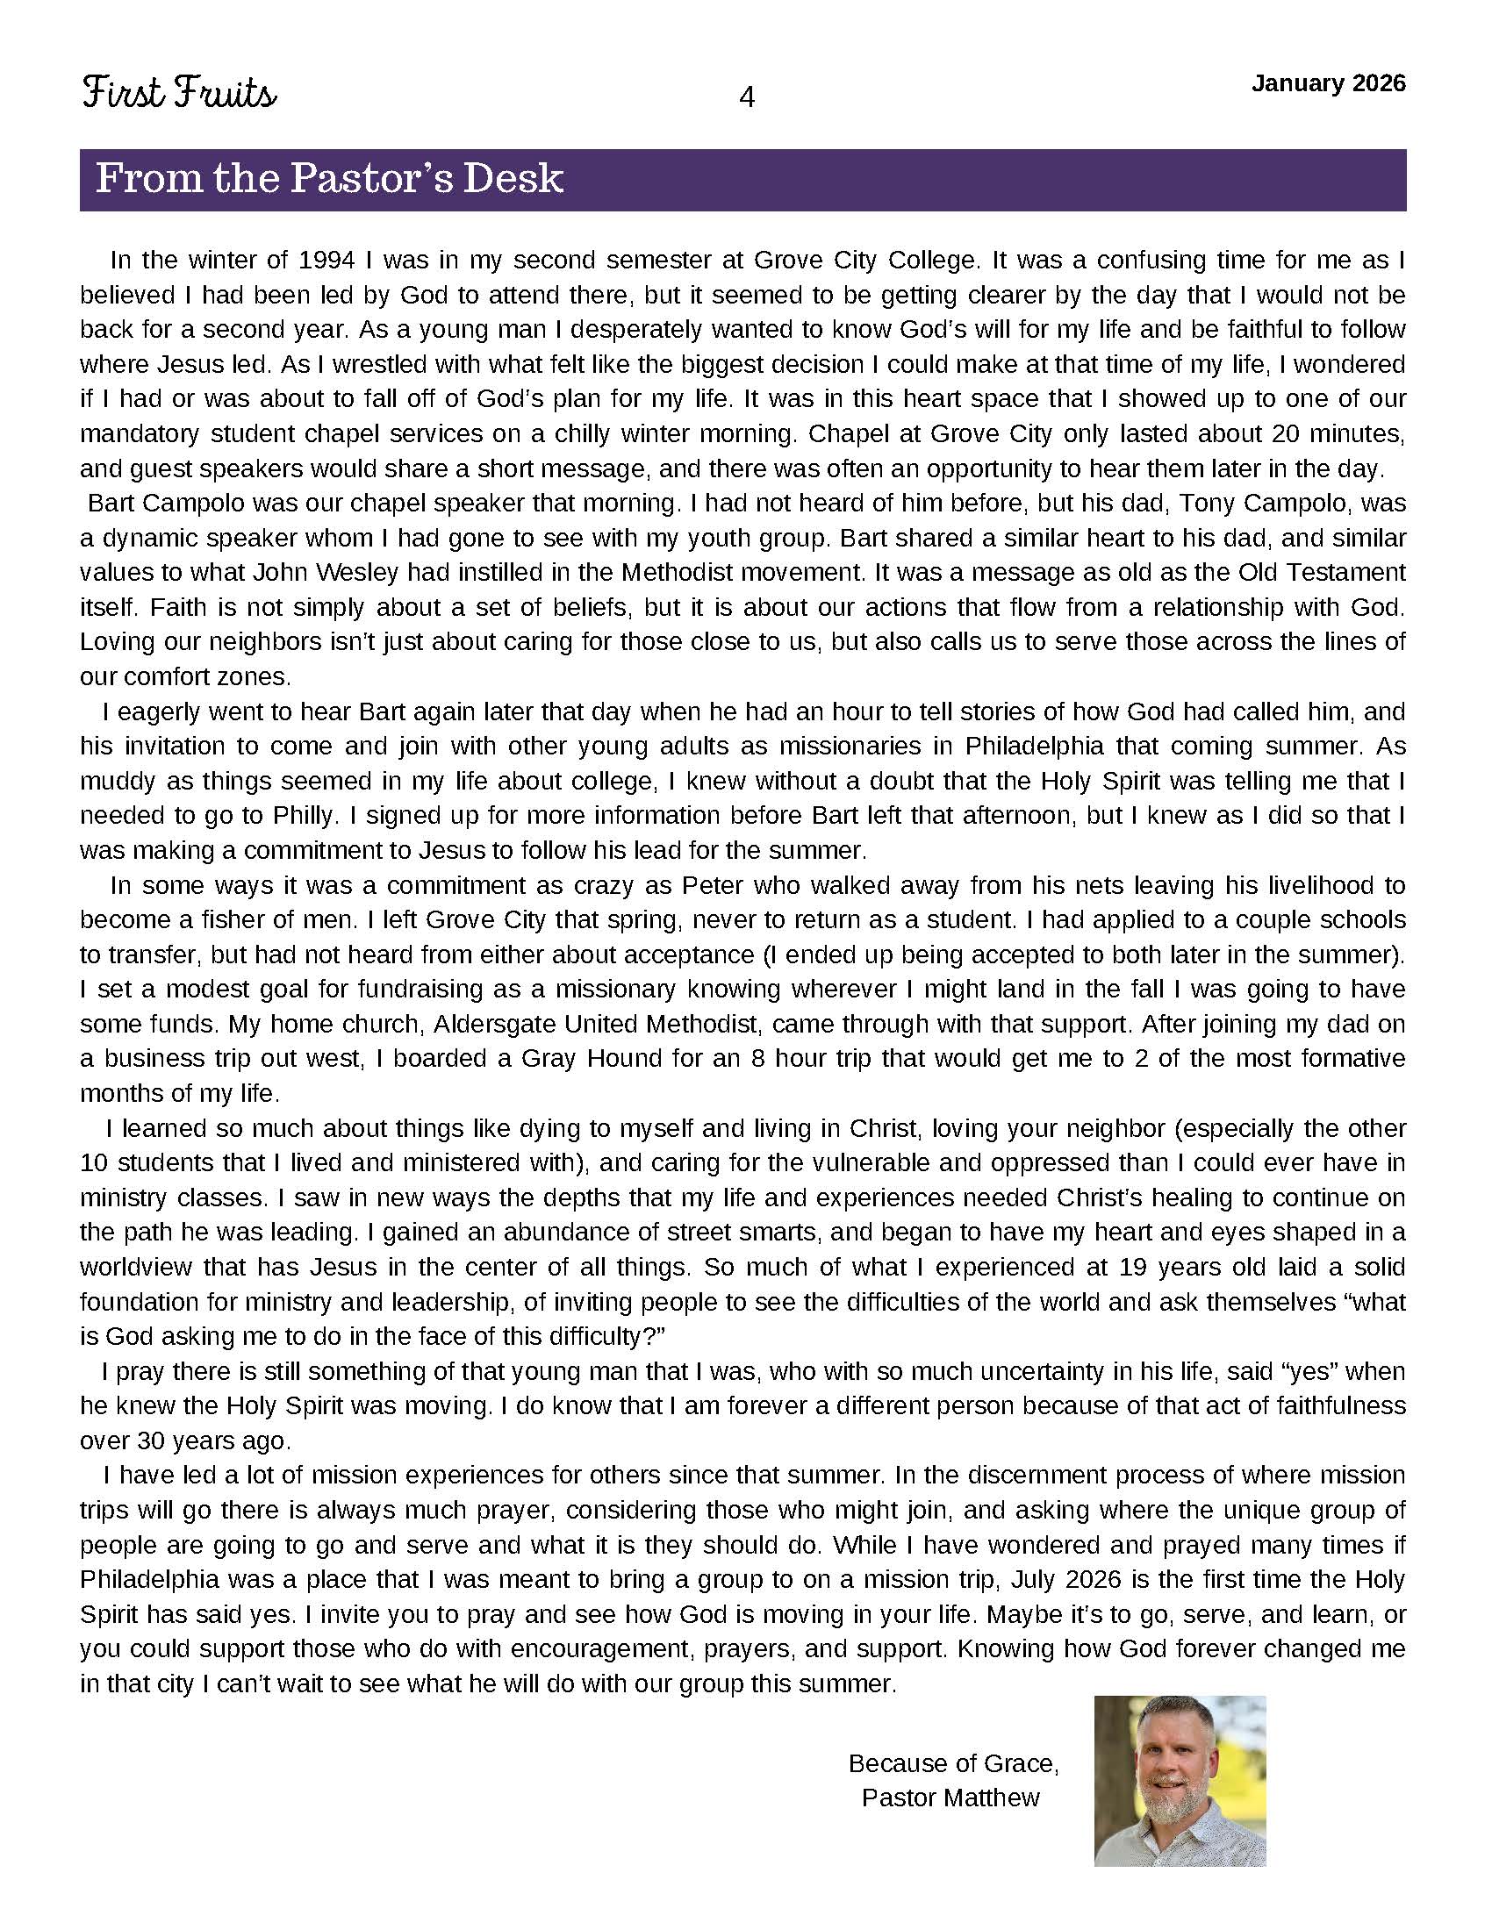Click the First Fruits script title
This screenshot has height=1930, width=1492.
(179, 93)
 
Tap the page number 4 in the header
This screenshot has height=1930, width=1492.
(746, 97)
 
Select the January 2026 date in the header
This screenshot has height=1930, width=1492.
(1328, 83)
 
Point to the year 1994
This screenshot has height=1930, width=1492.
(327, 260)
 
